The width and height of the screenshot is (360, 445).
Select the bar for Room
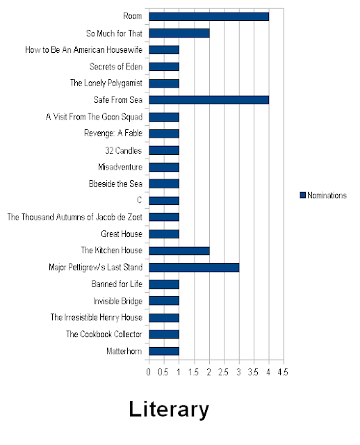coord(208,17)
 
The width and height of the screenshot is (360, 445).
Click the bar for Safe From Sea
coord(208,100)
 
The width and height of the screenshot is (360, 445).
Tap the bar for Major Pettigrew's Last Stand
coord(194,267)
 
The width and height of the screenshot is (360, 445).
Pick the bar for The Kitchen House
coord(179,250)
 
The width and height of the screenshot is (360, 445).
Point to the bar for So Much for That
coord(179,33)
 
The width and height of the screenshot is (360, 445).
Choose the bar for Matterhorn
coord(164,351)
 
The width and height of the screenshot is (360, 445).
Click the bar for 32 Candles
coord(164,150)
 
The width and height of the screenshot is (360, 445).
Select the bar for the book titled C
coord(164,201)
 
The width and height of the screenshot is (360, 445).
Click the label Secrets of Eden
coord(116,67)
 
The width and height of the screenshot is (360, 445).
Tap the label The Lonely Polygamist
coord(106,83)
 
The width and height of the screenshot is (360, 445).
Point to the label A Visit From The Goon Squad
coord(94,117)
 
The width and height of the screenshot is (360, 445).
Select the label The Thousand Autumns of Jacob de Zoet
coord(74,217)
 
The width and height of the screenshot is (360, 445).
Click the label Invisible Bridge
coord(117,301)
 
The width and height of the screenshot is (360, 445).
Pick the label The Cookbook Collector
coord(104,334)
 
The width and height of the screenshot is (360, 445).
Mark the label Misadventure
coord(120,167)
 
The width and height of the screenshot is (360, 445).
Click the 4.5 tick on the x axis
coord(283,372)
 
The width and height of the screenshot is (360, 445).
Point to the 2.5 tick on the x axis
coord(223,372)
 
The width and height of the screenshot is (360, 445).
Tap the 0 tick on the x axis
coord(148,372)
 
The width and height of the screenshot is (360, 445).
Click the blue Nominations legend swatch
coord(303,195)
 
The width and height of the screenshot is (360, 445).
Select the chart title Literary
coord(169,410)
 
